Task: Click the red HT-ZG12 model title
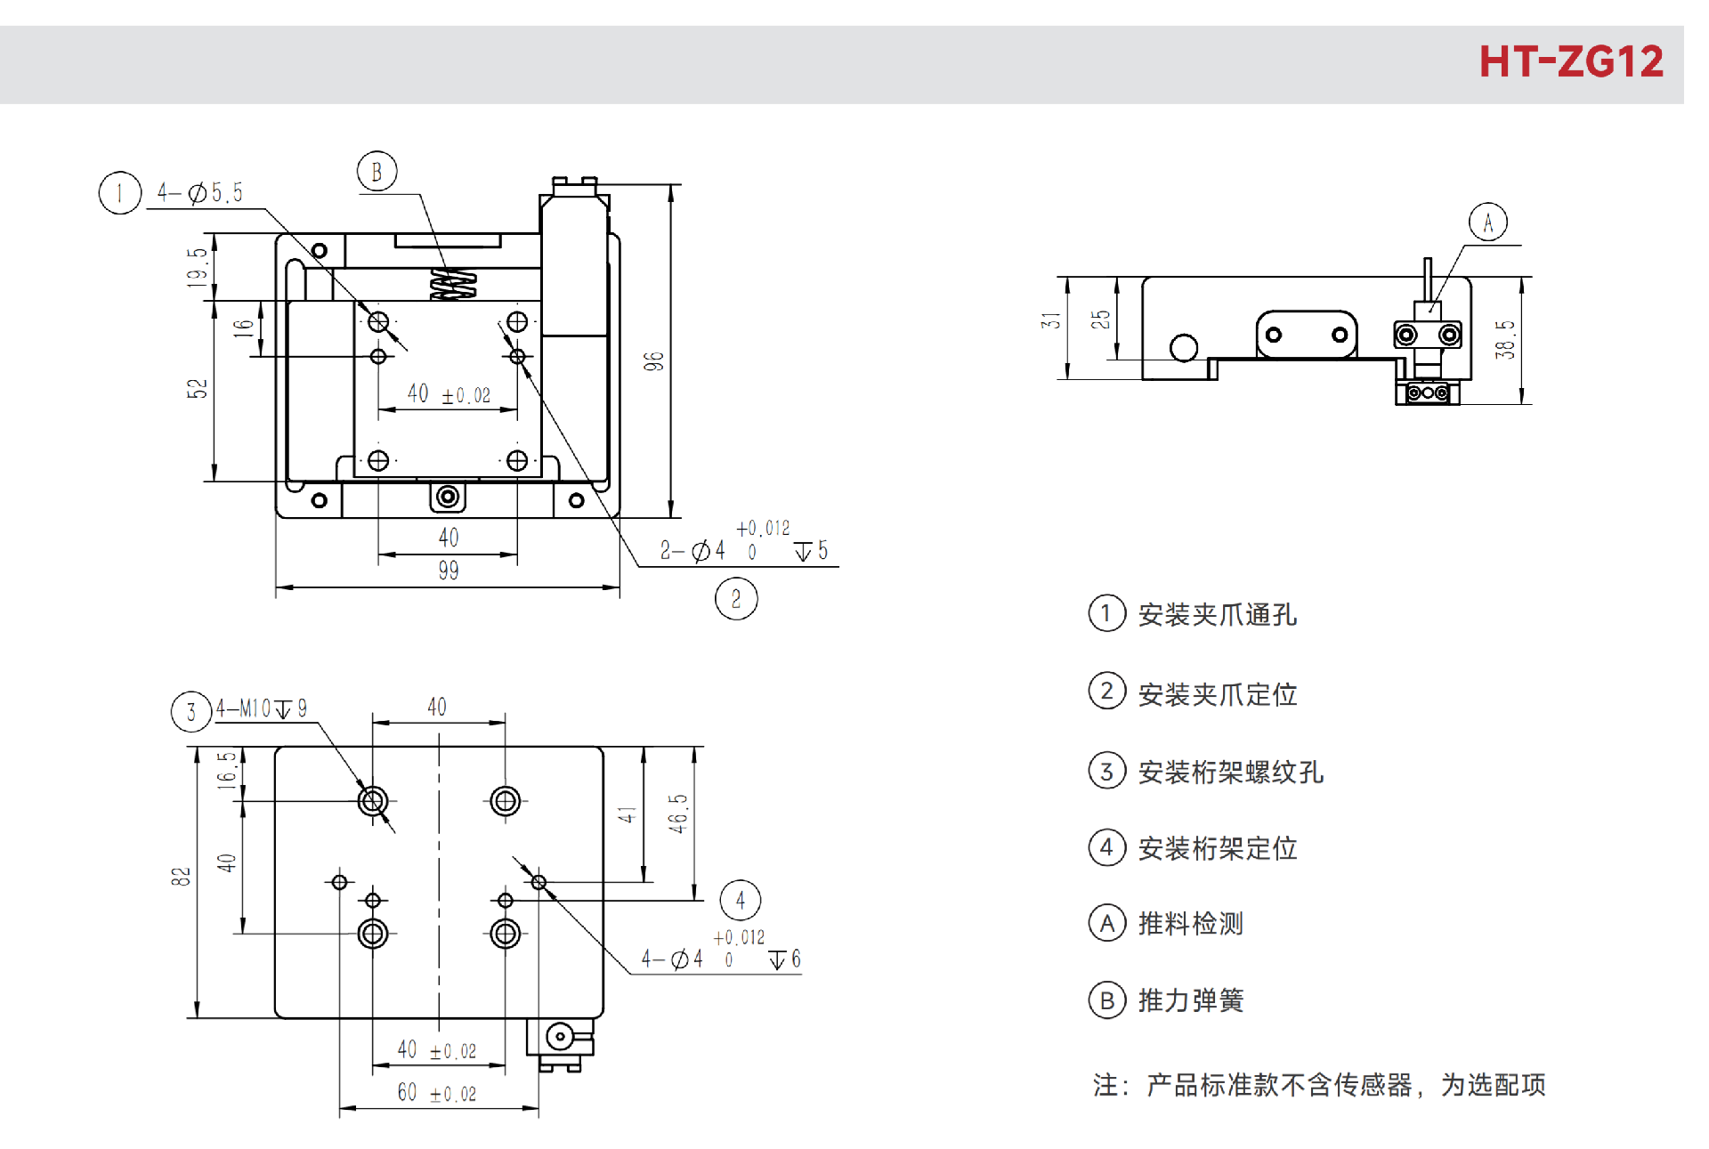pyautogui.click(x=1570, y=61)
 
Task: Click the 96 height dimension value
pyautogui.click(x=654, y=361)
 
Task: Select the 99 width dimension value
pyautogui.click(x=449, y=570)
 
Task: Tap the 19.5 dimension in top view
pyautogui.click(x=198, y=267)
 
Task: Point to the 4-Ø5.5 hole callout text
pyautogui.click(x=199, y=192)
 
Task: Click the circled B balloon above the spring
pyautogui.click(x=377, y=172)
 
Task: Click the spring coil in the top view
pyautogui.click(x=453, y=284)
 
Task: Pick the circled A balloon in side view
pyautogui.click(x=1487, y=223)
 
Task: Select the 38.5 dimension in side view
pyautogui.click(x=1505, y=340)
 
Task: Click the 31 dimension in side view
pyautogui.click(x=1051, y=320)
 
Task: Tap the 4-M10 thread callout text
pyautogui.click(x=262, y=708)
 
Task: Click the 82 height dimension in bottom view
pyautogui.click(x=181, y=877)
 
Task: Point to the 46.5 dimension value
pyautogui.click(x=678, y=813)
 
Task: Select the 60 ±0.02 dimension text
pyautogui.click(x=437, y=1093)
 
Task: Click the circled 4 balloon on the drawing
pyautogui.click(x=740, y=901)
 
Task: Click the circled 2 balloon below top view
pyautogui.click(x=736, y=599)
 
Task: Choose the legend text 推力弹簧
pyautogui.click(x=1190, y=1000)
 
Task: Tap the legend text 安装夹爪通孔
pyautogui.click(x=1217, y=615)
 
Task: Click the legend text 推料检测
pyautogui.click(x=1190, y=924)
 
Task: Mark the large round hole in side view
pyautogui.click(x=1183, y=347)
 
